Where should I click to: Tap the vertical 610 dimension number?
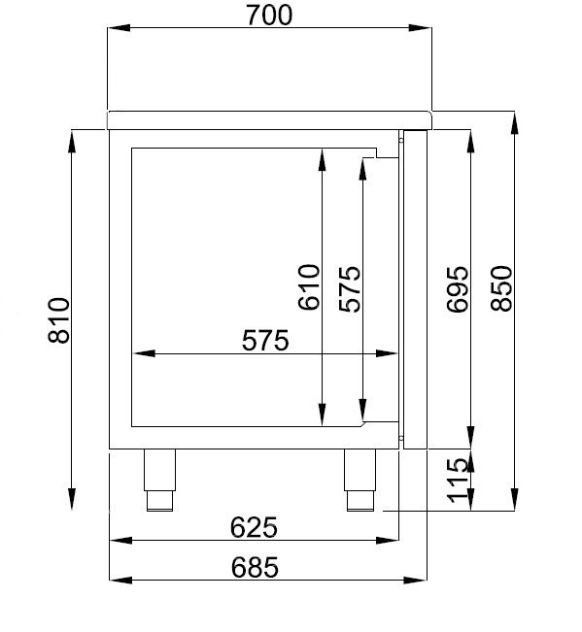tap(309, 287)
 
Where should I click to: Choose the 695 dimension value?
tap(456, 288)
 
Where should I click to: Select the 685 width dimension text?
tap(255, 567)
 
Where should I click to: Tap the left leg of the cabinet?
tap(160, 480)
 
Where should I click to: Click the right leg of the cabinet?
tap(359, 480)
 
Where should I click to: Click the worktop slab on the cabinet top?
tap(269, 118)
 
